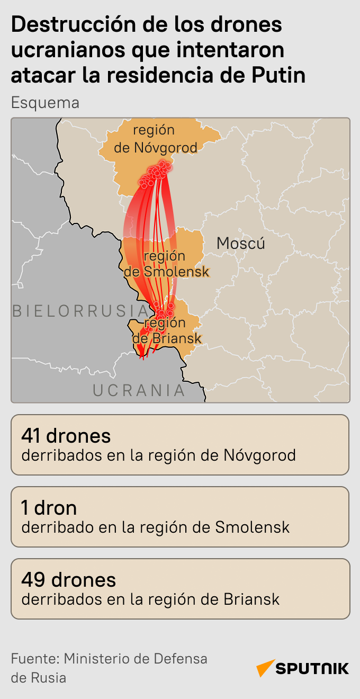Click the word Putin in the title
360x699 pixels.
[x=277, y=75]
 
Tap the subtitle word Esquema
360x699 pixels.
[x=45, y=102]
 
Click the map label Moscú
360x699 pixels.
[x=241, y=243]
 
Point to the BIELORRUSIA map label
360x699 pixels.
[x=80, y=311]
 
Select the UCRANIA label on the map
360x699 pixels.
[x=139, y=390]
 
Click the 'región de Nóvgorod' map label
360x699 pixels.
[x=155, y=138]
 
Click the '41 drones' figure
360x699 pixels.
[x=66, y=435]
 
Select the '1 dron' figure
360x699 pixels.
[x=49, y=508]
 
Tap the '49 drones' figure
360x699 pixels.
[x=68, y=579]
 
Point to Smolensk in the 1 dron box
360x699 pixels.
[x=253, y=527]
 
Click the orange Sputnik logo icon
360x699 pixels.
[x=265, y=668]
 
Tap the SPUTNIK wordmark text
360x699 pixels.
[x=312, y=668]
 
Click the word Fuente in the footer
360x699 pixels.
[x=33, y=659]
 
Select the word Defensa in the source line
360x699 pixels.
[x=181, y=659]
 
